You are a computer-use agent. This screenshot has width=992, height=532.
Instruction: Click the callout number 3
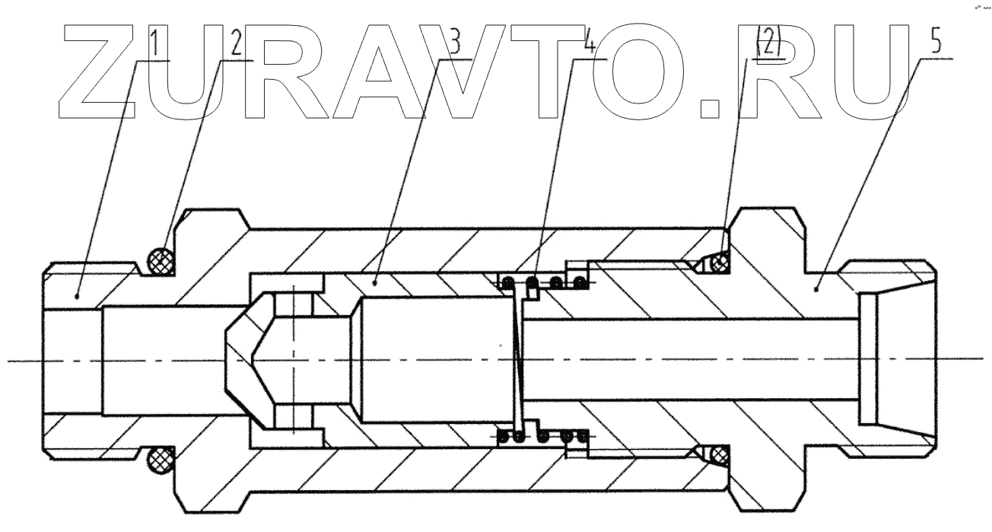(x=456, y=45)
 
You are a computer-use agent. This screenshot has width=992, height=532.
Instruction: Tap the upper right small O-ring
(x=719, y=263)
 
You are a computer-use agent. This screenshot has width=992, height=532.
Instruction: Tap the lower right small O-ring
(x=719, y=454)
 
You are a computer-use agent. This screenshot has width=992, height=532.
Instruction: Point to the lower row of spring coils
(x=543, y=437)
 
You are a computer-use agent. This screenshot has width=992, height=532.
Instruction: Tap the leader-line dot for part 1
(x=78, y=295)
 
